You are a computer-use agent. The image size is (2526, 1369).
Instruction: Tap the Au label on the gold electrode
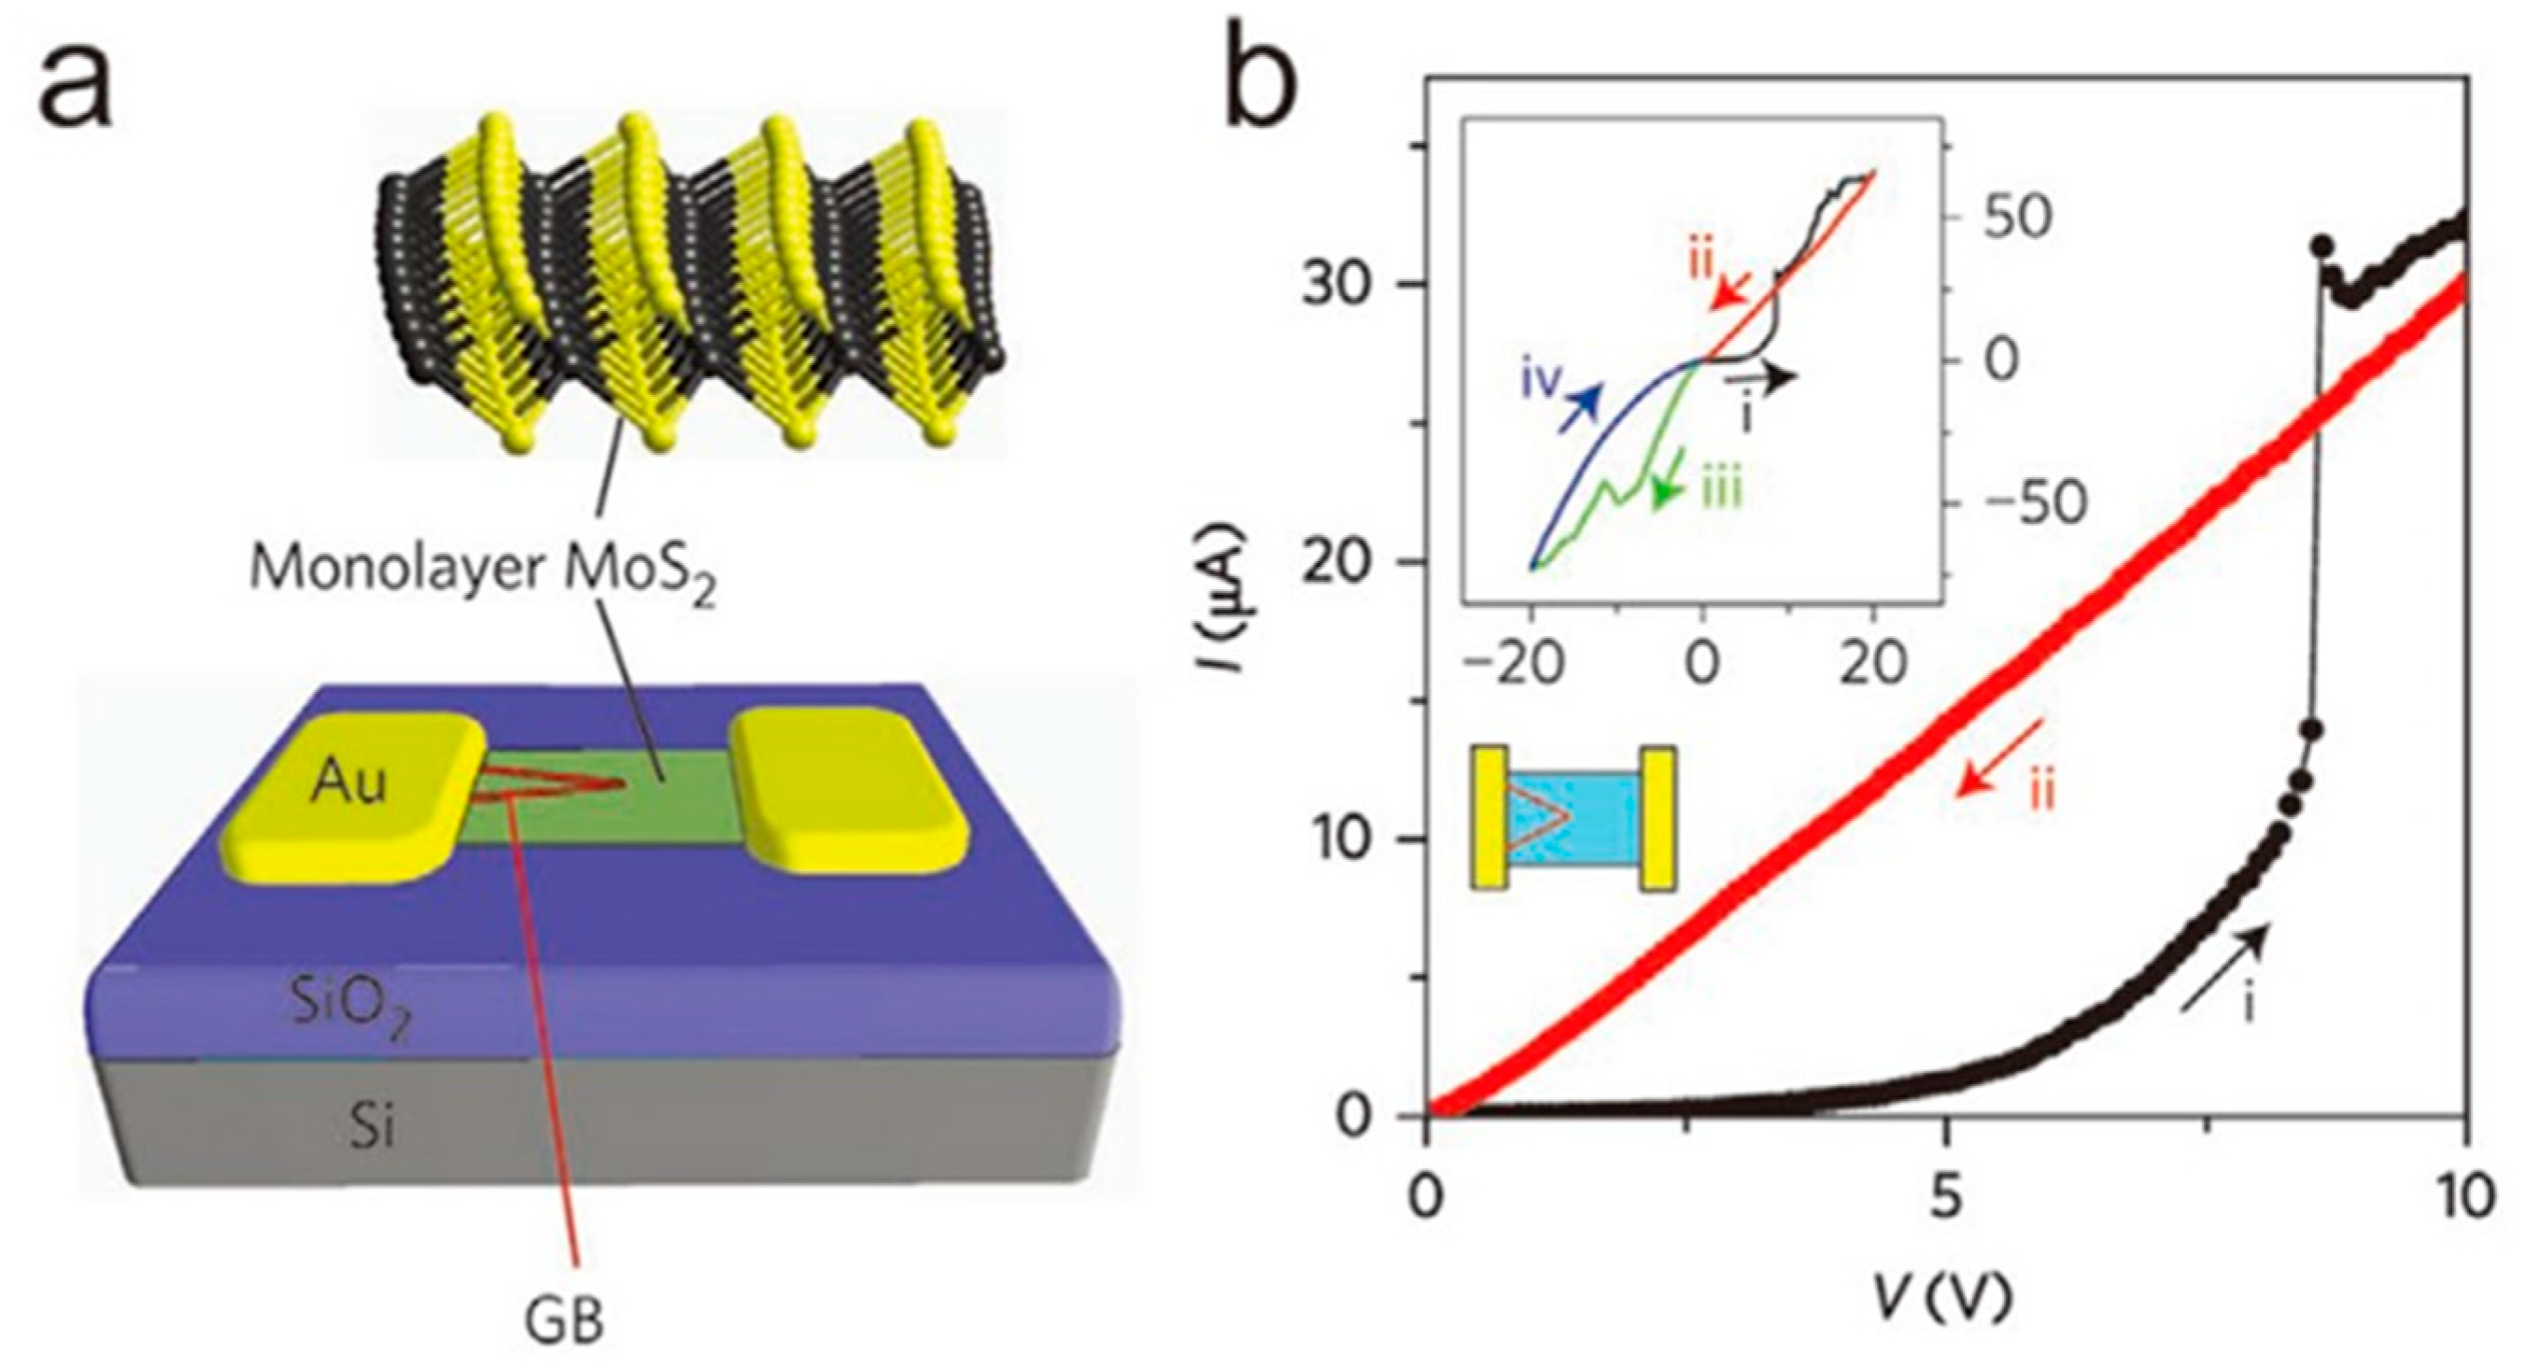(350, 784)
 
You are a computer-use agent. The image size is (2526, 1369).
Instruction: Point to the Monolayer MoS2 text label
(483, 572)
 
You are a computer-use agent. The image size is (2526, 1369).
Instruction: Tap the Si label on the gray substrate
(374, 1130)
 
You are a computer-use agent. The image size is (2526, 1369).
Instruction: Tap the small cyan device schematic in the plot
(1573, 818)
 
